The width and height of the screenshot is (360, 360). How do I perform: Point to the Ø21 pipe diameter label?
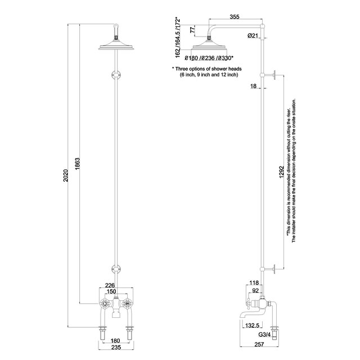(253, 37)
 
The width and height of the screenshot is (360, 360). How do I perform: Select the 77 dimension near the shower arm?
(192, 29)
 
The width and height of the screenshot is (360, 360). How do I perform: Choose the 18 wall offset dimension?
(254, 86)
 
